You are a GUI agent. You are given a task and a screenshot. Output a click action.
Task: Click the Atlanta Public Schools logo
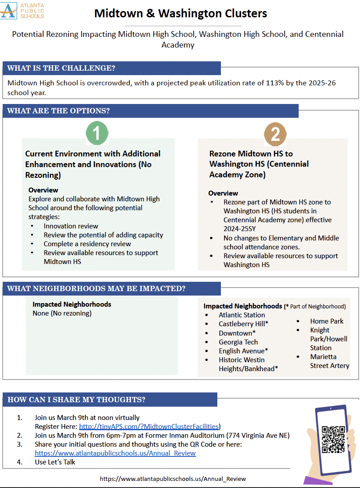point(23,10)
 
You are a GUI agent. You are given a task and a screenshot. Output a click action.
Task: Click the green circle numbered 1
point(97,132)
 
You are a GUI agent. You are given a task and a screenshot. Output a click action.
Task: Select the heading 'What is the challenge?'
point(61,68)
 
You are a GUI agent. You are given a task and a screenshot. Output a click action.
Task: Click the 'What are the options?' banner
point(58,111)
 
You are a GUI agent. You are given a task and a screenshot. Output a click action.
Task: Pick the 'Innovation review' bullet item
point(71,226)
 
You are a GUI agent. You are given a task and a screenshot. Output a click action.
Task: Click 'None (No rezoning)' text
point(62,313)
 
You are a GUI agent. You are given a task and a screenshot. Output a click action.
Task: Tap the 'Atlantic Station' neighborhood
point(242,315)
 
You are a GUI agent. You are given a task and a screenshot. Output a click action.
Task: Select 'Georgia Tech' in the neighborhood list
point(238,342)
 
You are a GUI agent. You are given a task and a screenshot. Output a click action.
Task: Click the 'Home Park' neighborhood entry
point(327,321)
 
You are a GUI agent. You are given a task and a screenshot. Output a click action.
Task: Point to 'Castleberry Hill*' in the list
point(243,324)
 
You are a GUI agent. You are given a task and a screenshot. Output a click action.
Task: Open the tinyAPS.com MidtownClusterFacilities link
point(149,426)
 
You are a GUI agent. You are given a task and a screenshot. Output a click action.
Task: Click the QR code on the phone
point(333,439)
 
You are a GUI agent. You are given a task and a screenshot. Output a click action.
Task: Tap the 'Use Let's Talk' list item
point(55,462)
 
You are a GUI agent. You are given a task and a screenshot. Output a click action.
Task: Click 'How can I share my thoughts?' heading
point(76,400)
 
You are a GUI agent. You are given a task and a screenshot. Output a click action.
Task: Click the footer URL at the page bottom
point(173,479)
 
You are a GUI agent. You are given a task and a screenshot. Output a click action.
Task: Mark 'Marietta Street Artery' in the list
point(329,361)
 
